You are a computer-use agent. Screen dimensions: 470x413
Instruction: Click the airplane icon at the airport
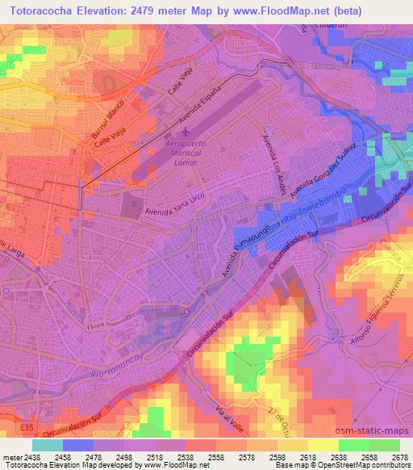(188, 131)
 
